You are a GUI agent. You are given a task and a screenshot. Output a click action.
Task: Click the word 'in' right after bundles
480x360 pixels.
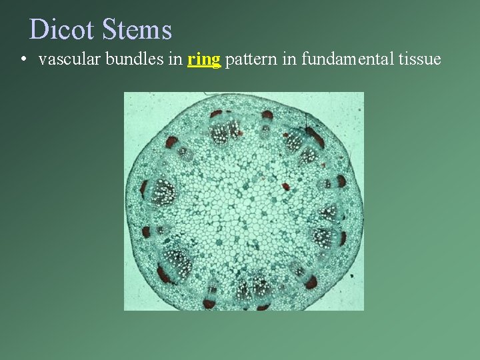(175, 59)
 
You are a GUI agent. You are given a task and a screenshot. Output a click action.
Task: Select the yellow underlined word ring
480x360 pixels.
(204, 59)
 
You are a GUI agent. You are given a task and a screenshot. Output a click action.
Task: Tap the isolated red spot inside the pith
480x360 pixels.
(286, 186)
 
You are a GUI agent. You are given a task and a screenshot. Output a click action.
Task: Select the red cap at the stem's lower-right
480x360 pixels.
(311, 283)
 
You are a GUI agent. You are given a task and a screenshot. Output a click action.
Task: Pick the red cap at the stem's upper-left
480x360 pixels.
(173, 142)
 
